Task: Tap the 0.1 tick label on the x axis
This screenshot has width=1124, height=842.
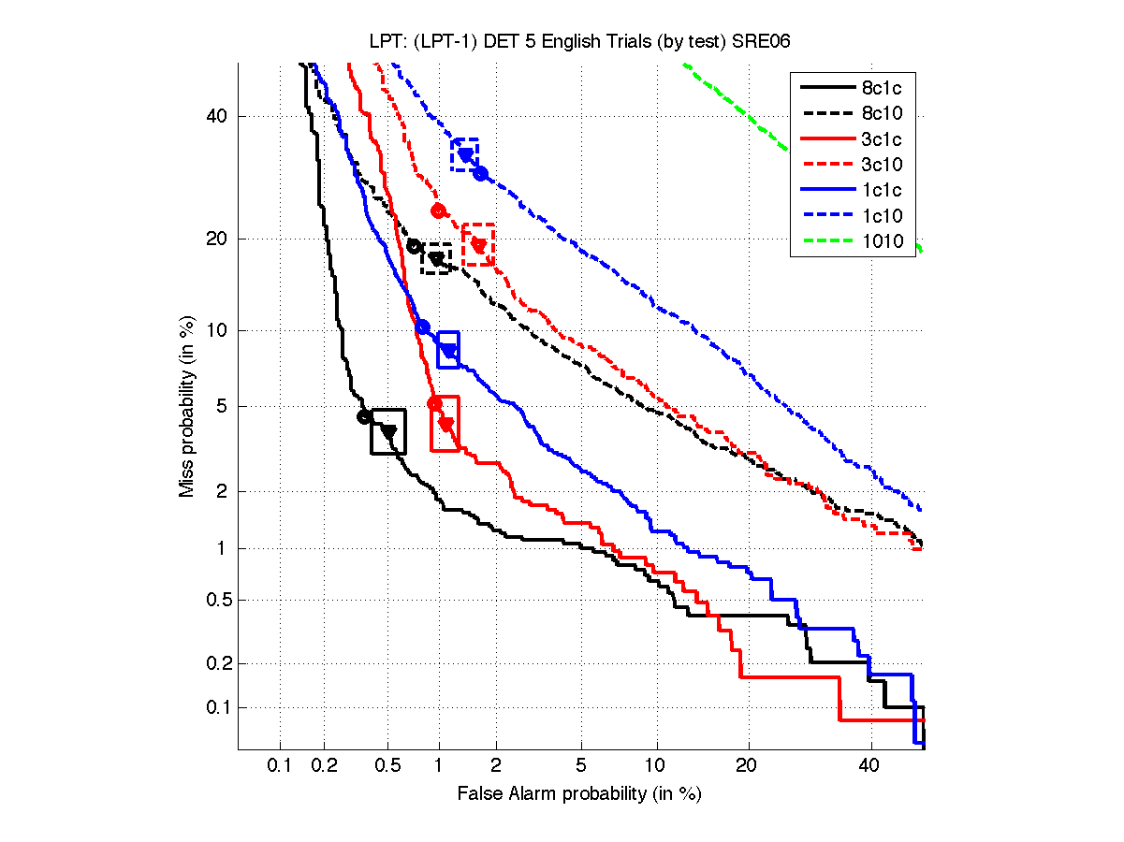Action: point(280,766)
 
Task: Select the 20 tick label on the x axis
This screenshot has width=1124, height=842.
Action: point(745,766)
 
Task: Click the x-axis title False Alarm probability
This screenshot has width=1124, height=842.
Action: point(578,793)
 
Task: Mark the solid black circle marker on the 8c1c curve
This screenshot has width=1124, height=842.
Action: point(365,416)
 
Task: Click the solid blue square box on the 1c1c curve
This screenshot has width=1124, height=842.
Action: point(448,350)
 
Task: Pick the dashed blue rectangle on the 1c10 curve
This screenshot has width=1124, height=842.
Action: point(465,154)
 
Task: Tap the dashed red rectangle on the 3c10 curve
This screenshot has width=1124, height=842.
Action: point(478,244)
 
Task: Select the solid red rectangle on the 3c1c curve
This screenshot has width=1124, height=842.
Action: point(445,424)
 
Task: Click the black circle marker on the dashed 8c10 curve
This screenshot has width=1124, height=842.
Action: point(414,246)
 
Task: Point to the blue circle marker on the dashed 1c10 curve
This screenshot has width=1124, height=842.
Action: point(480,173)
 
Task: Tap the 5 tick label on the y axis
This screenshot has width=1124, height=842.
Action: point(223,406)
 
